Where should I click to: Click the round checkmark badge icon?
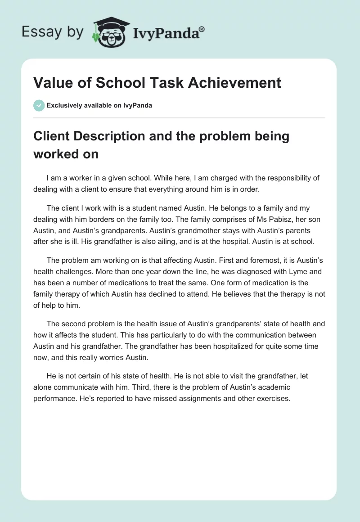click(x=39, y=105)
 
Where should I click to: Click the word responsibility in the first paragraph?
click(x=250, y=178)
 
